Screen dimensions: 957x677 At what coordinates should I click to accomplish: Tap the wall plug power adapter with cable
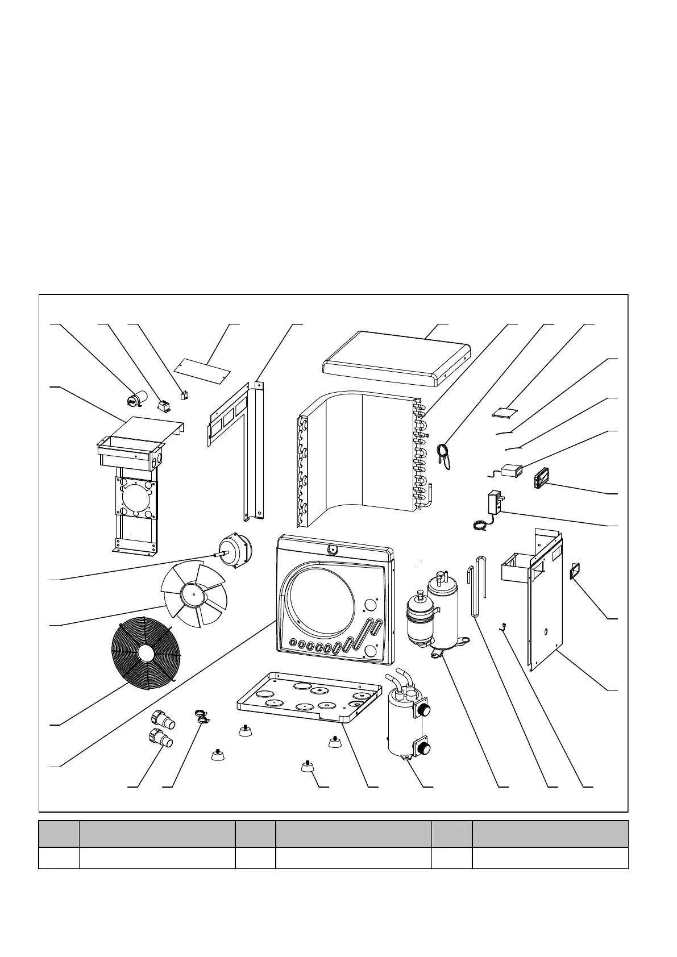[x=494, y=503]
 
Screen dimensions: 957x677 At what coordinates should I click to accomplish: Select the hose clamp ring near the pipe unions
[x=201, y=716]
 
